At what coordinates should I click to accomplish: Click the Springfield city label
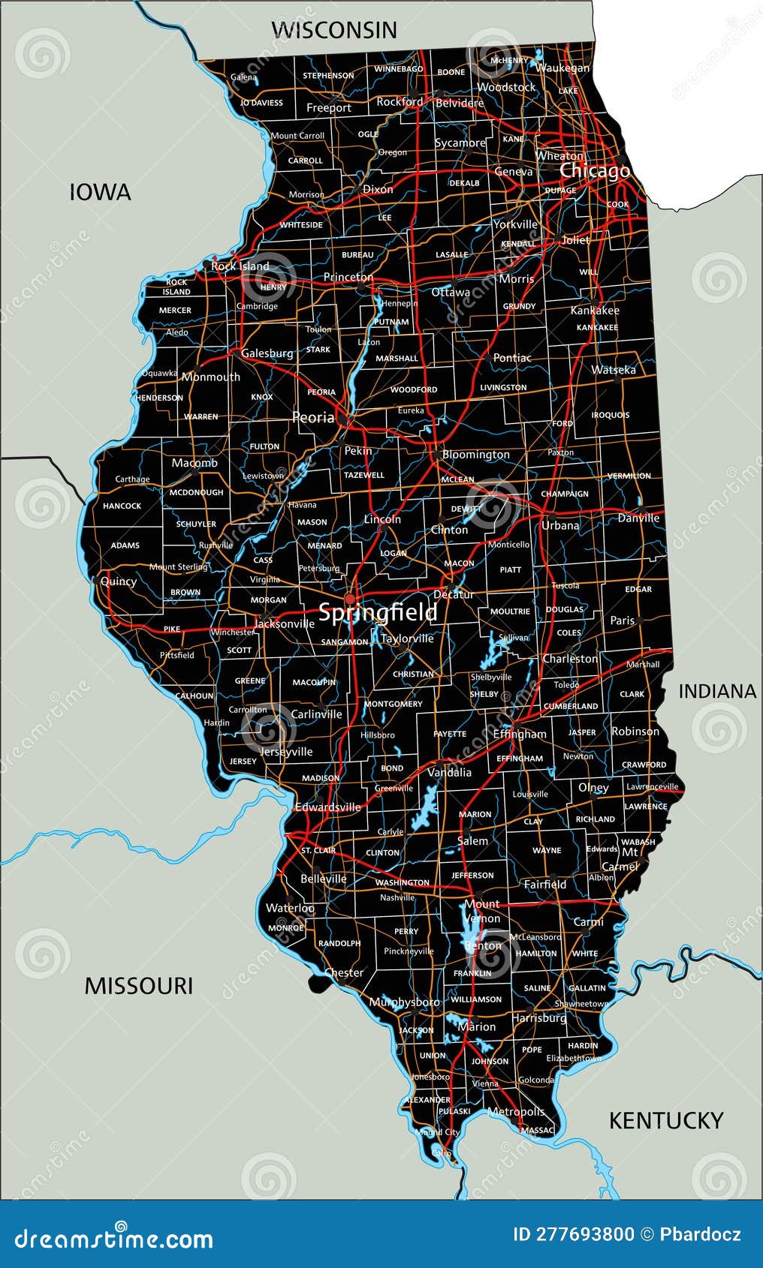tap(378, 613)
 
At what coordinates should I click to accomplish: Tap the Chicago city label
tap(594, 171)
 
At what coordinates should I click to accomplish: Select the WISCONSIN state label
tap(333, 30)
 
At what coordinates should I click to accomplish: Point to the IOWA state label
tap(100, 192)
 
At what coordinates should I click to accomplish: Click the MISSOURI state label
tap(138, 985)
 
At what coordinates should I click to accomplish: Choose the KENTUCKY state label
tap(665, 1120)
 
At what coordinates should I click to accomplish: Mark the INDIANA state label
tap(717, 691)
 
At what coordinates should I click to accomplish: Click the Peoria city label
tap(312, 417)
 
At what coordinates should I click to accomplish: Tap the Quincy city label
tap(119, 581)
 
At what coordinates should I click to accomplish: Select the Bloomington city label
tap(475, 455)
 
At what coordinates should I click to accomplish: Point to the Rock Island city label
tap(240, 266)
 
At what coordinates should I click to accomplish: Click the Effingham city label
tap(520, 734)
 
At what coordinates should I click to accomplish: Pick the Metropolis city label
tap(516, 1111)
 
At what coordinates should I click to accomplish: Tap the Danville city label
tap(638, 518)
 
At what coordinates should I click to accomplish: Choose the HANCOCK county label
tap(122, 506)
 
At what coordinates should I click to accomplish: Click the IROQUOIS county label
tap(610, 415)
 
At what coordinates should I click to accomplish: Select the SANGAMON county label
tap(345, 642)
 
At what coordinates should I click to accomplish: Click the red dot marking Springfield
tap(349, 598)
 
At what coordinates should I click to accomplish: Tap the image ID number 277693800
tap(573, 1234)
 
